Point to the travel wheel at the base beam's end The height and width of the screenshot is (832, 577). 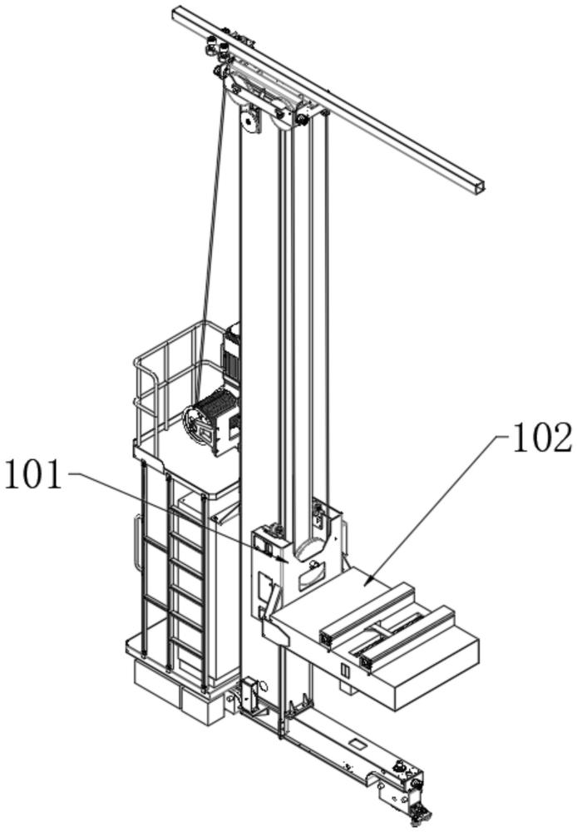[x=422, y=810]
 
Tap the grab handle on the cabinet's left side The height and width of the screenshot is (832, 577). [x=138, y=542]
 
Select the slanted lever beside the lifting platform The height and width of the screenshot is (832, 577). [x=272, y=599]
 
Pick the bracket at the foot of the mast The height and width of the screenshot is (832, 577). [x=250, y=695]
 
